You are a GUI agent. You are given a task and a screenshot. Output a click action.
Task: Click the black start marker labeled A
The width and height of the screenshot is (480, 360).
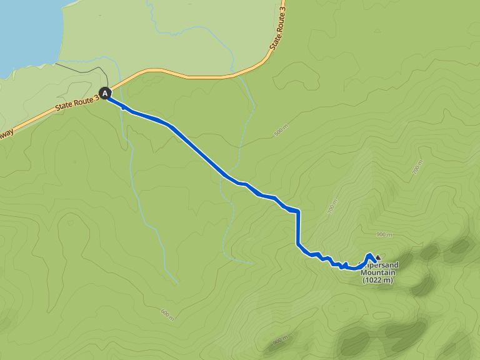pyautogui.click(x=106, y=94)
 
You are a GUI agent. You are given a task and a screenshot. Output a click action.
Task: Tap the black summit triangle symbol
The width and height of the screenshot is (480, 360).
pyautogui.click(x=377, y=257)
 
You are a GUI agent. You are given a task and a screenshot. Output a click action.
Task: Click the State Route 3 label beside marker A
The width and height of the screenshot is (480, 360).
pyautogui.click(x=77, y=101)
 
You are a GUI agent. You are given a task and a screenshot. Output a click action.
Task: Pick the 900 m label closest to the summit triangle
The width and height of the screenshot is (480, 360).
pyautogui.click(x=384, y=235)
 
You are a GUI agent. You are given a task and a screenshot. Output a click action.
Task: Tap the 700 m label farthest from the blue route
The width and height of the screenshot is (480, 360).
pyautogui.click(x=417, y=168)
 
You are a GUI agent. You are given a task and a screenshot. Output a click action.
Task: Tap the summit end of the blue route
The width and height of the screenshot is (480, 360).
pyautogui.click(x=371, y=255)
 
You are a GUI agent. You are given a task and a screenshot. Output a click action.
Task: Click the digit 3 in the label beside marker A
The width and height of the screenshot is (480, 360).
pyautogui.click(x=97, y=95)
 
